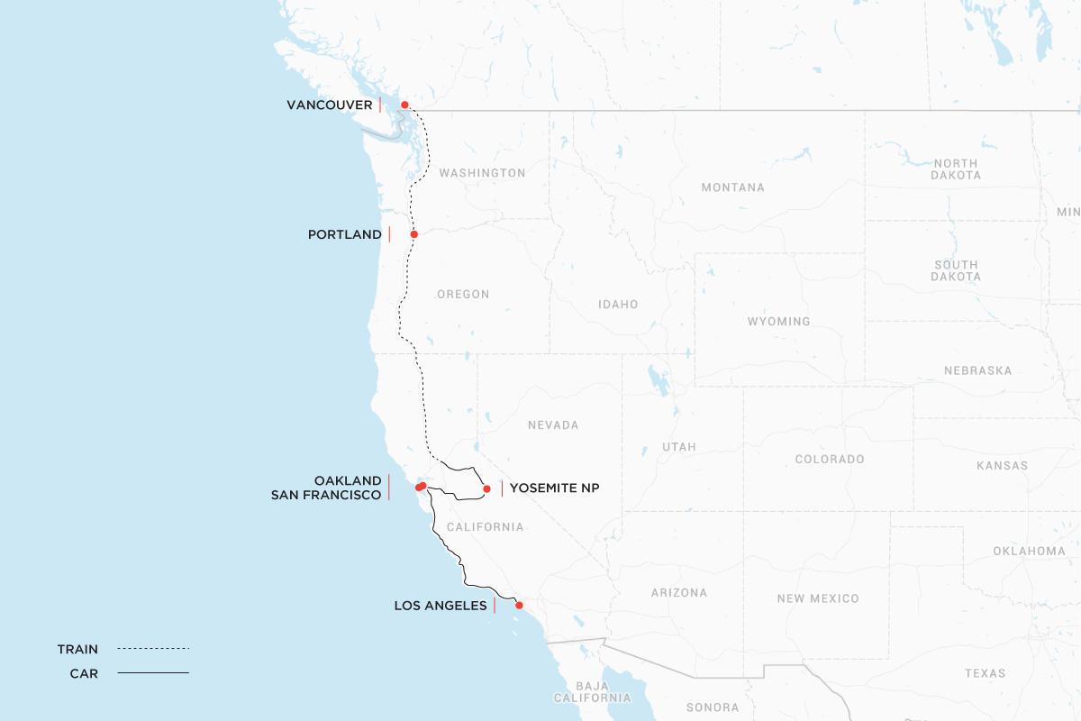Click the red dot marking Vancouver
[x=404, y=105]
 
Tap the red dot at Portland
[x=414, y=234]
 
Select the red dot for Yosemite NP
[x=486, y=489]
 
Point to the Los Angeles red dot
[x=519, y=606]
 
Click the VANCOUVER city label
[x=329, y=105]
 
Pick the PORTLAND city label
[x=344, y=234]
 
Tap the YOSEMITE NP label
[x=554, y=488]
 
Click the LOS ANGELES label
[x=441, y=606]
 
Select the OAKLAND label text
[x=348, y=481]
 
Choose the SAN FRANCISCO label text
[x=326, y=496]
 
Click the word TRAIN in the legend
[x=77, y=649]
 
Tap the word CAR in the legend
[x=84, y=673]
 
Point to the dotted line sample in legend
[x=153, y=649]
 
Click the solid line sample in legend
[x=153, y=673]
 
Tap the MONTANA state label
[x=732, y=187]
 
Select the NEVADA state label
[x=553, y=425]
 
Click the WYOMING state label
[x=778, y=322]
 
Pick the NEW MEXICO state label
[x=817, y=598]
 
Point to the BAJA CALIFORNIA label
[x=592, y=691]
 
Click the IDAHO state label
[x=618, y=305]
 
